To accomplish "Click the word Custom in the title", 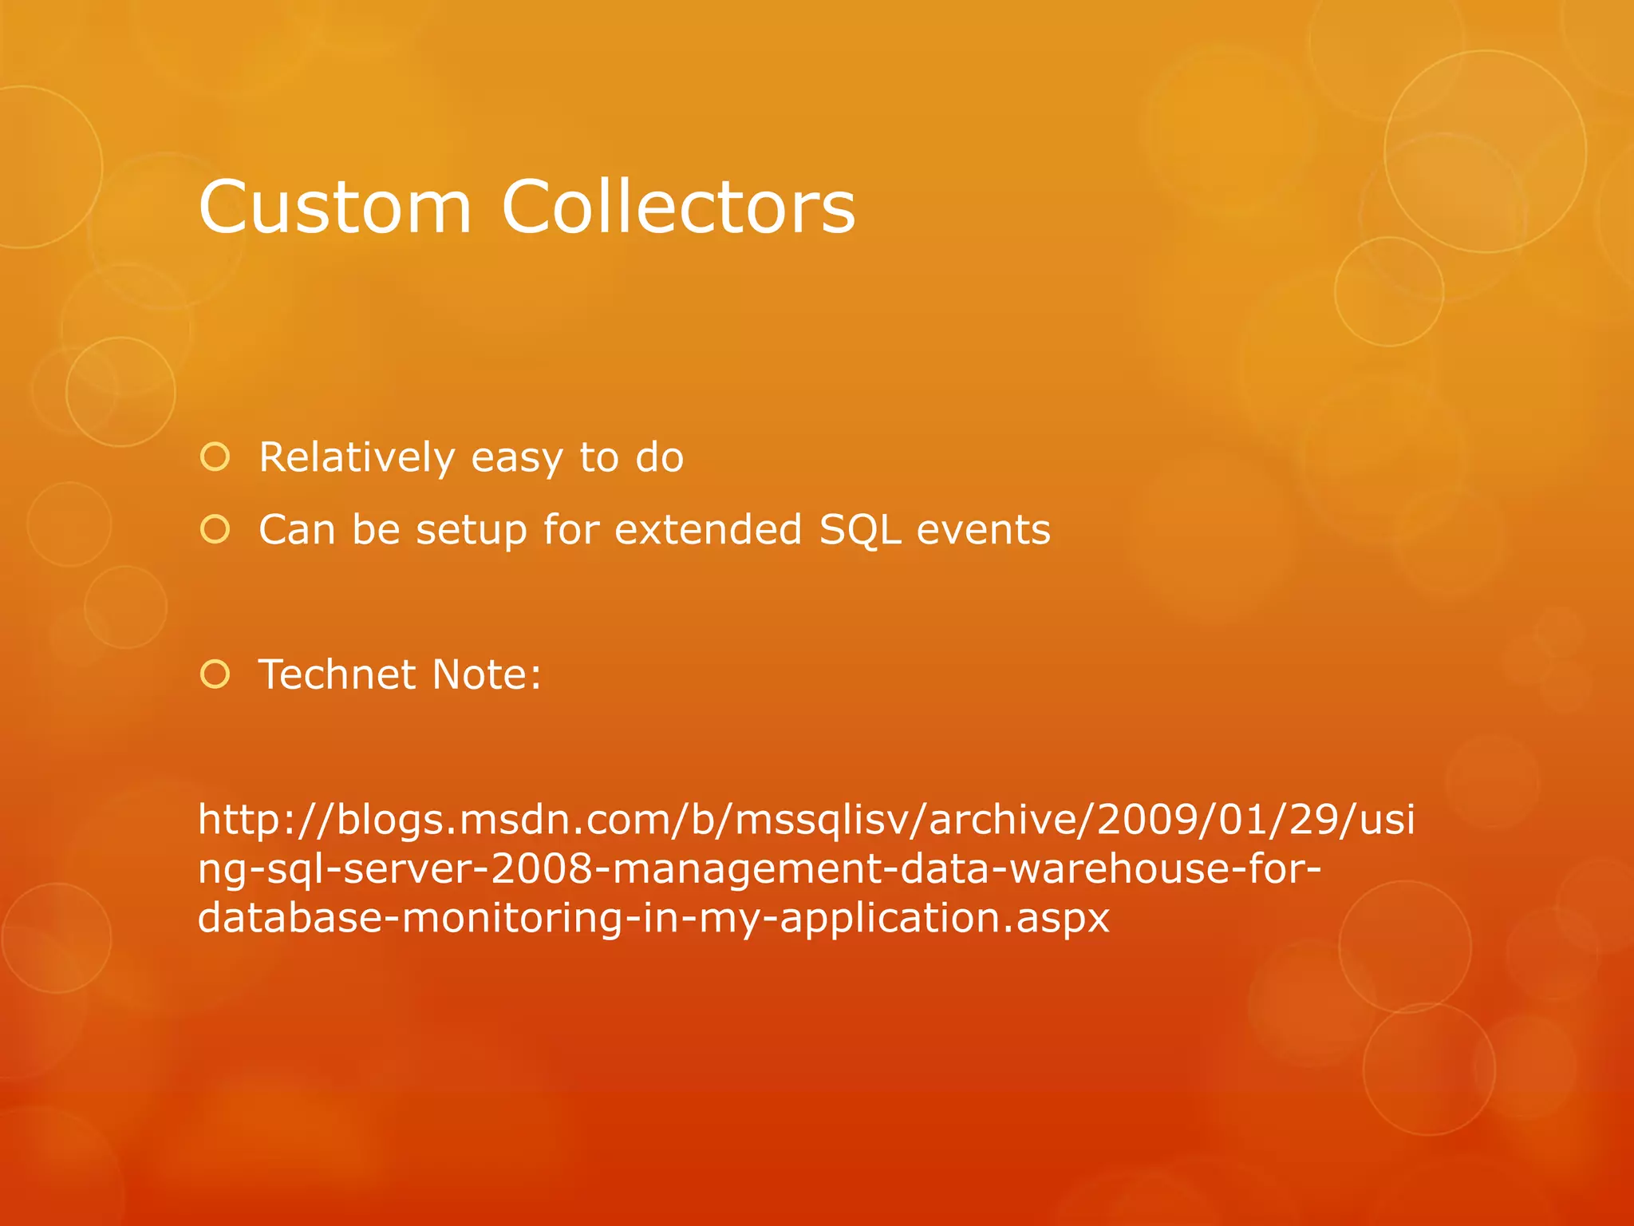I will pos(335,208).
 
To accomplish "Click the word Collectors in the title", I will pos(678,208).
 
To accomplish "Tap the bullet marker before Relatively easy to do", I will pos(215,457).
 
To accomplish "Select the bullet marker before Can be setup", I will pos(215,529).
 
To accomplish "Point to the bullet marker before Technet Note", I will pos(215,674).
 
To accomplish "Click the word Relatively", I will pos(356,457).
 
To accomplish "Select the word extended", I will pos(708,529).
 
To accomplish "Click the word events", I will pos(983,529).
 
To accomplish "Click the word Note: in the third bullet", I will pos(487,674).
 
